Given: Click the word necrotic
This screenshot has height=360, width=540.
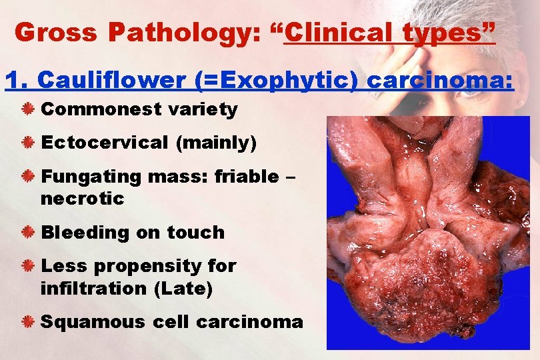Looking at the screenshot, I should [x=82, y=199].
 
